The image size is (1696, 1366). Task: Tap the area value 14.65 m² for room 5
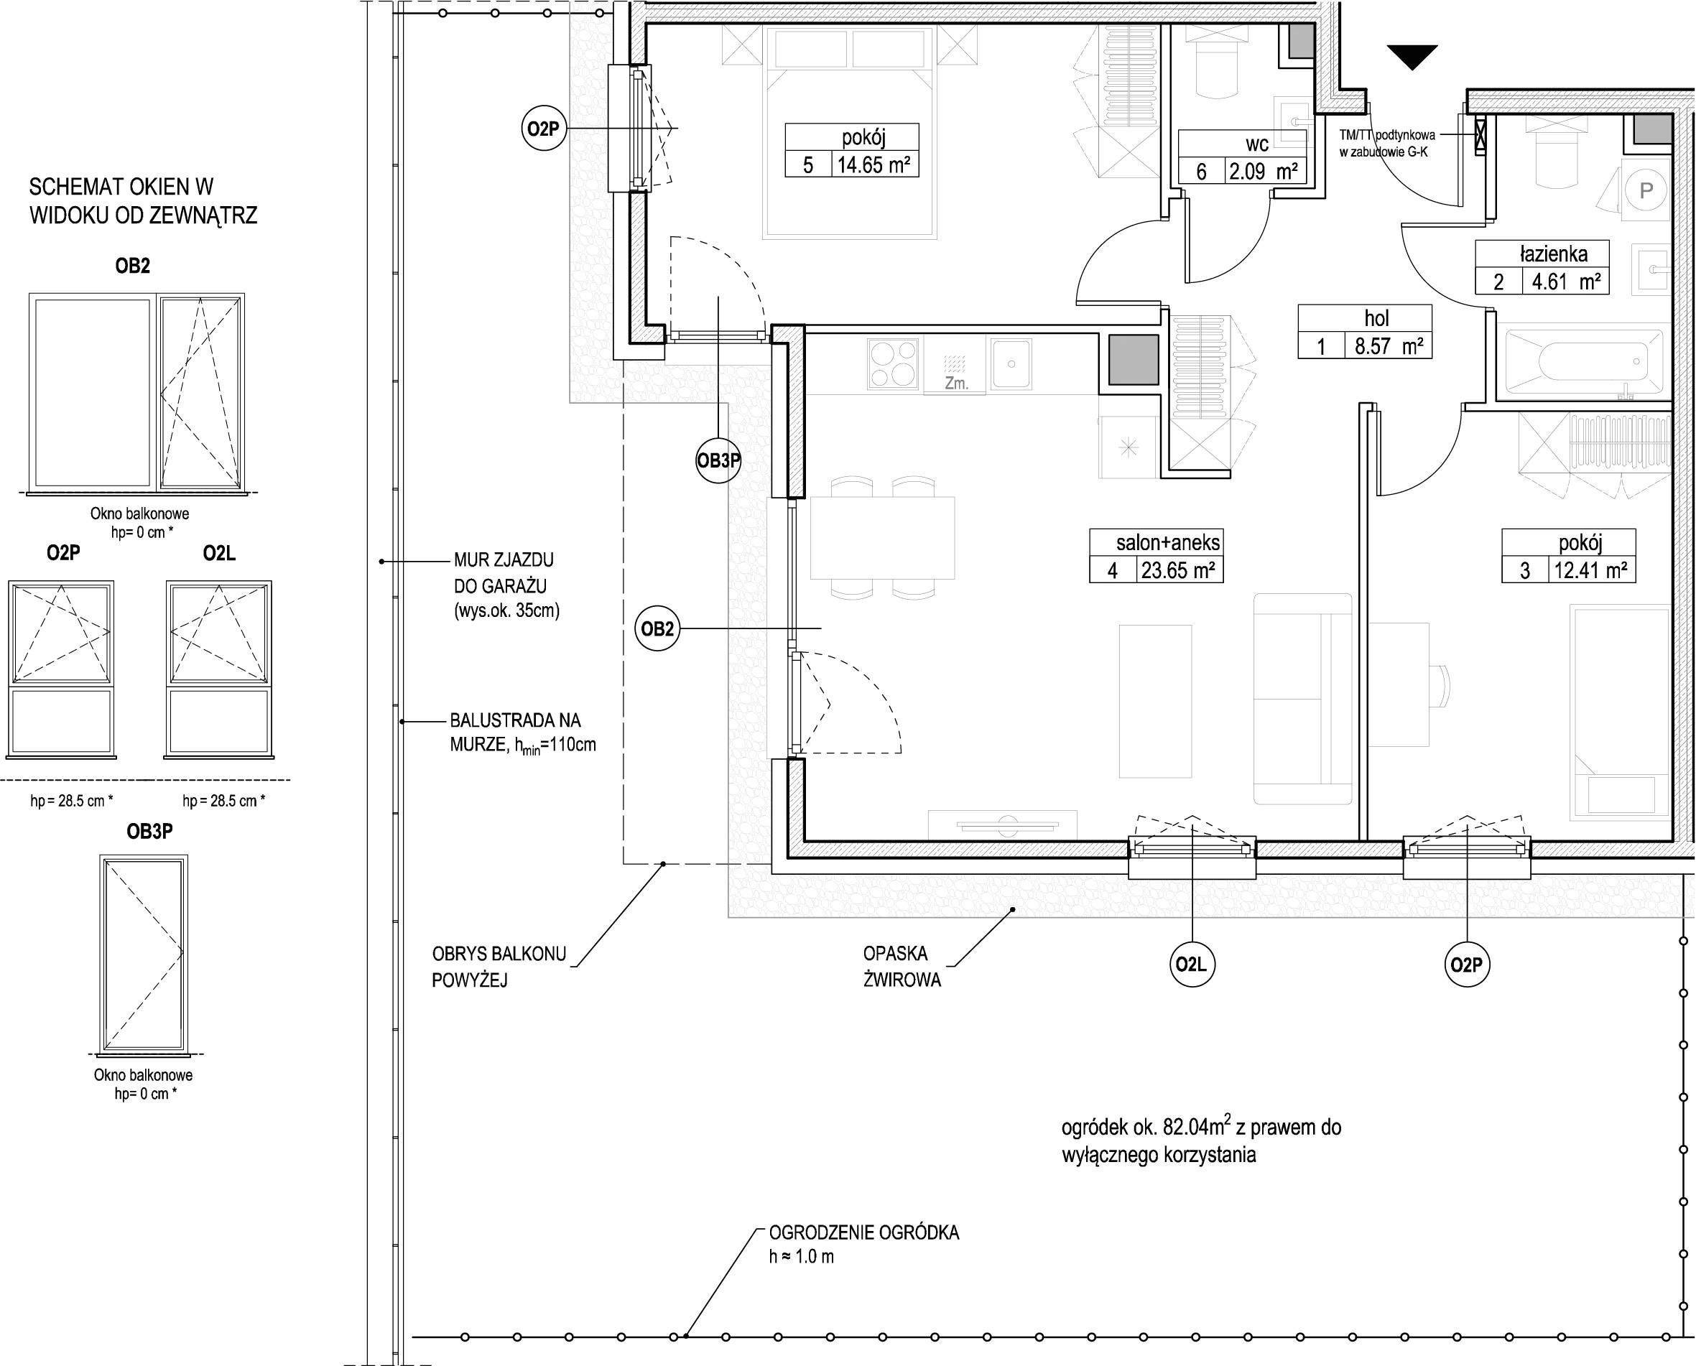pos(874,165)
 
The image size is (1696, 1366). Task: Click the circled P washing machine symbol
pos(1646,190)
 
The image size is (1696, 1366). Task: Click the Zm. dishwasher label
pos(955,384)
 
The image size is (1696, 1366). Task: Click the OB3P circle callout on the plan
pos(718,460)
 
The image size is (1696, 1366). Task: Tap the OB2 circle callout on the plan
pos(657,628)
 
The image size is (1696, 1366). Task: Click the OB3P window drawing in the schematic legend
pos(144,954)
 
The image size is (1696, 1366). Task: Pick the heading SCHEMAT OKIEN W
pos(121,187)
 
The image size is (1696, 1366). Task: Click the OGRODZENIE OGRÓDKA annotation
pos(863,1232)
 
